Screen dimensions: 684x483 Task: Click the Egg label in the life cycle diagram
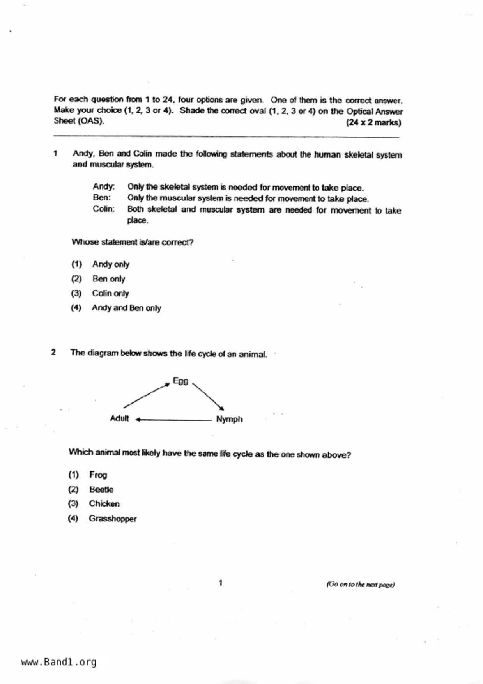click(x=180, y=381)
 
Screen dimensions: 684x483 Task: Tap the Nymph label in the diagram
click(x=229, y=419)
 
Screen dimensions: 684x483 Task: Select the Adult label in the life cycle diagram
click(x=119, y=418)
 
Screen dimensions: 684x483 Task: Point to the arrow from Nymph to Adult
click(x=173, y=420)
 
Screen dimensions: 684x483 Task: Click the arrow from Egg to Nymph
click(x=208, y=396)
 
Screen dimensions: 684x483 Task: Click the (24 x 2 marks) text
click(x=373, y=122)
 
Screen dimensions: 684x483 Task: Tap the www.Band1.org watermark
click(x=59, y=662)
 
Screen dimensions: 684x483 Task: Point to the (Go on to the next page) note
click(x=361, y=584)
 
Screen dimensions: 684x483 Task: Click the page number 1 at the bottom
click(x=221, y=583)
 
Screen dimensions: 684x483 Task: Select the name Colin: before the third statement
click(x=104, y=209)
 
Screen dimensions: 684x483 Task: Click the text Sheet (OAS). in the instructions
click(x=79, y=121)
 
